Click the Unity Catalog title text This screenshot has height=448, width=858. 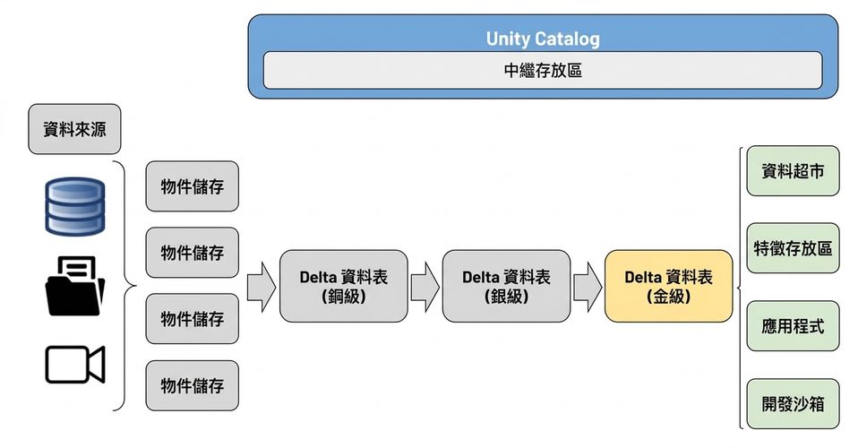[543, 39]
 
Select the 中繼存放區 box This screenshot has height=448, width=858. [543, 70]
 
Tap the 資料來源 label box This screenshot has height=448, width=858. [74, 129]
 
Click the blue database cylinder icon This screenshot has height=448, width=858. [75, 206]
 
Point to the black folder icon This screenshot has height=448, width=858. [75, 286]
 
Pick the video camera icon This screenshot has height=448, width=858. [75, 365]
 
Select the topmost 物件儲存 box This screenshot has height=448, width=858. [192, 186]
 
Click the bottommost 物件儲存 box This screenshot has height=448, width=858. [192, 385]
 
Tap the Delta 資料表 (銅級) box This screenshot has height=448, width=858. [344, 286]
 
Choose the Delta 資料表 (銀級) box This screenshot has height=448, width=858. [506, 286]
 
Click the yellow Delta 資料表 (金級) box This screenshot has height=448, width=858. [669, 286]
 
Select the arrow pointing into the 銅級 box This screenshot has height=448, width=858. [262, 287]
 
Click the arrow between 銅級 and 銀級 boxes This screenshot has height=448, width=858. [425, 287]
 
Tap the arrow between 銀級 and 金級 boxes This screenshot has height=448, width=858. [588, 287]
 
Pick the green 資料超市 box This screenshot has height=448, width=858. [793, 171]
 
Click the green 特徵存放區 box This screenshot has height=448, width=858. [793, 248]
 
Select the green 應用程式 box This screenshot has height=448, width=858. [793, 326]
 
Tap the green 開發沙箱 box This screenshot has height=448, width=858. [793, 403]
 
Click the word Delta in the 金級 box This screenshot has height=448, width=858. [643, 277]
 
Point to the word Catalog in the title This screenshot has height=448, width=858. [568, 39]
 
